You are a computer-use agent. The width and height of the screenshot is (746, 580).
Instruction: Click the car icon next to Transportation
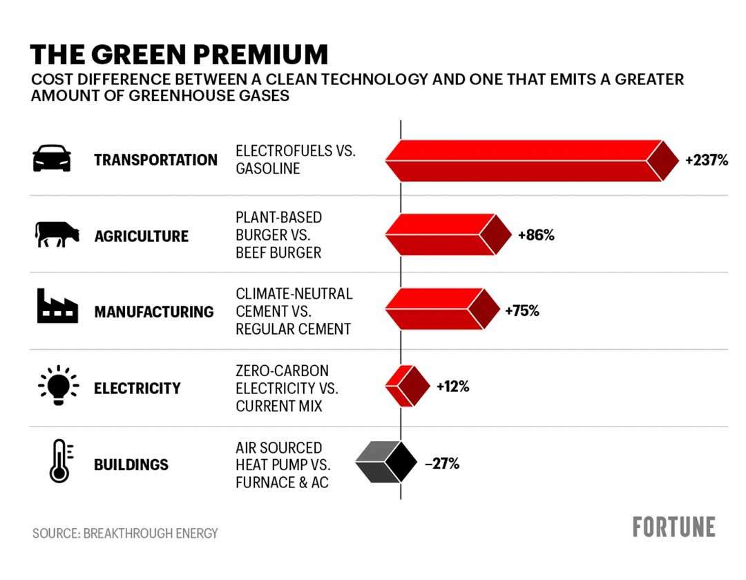[52, 158]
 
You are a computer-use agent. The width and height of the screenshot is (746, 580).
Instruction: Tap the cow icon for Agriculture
[57, 234]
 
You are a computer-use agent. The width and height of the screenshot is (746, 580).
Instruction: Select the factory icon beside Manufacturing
[57, 306]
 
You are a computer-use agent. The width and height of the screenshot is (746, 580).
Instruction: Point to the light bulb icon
[58, 385]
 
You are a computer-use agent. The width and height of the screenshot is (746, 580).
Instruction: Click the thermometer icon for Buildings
[60, 460]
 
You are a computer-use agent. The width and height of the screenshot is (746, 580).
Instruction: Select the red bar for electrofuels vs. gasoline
[532, 160]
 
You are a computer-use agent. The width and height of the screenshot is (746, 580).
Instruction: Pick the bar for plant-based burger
[448, 235]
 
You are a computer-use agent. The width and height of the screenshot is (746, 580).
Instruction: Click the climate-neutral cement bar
[443, 309]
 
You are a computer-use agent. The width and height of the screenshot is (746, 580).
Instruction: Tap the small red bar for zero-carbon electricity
[408, 386]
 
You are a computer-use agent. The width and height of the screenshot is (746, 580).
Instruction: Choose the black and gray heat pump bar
[386, 462]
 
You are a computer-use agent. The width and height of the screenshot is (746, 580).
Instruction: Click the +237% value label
[707, 160]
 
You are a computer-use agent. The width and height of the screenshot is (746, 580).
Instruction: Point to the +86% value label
[536, 235]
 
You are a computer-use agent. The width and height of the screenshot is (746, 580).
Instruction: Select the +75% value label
[522, 310]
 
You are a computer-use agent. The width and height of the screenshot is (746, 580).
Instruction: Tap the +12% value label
[452, 386]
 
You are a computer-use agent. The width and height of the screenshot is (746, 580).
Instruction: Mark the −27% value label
[442, 463]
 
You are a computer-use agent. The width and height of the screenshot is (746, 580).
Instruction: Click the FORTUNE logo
[673, 527]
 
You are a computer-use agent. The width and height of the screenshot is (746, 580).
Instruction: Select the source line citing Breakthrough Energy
[125, 533]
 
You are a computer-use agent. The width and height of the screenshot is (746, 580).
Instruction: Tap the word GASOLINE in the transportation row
[268, 169]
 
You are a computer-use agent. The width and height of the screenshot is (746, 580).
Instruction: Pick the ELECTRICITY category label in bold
[137, 388]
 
